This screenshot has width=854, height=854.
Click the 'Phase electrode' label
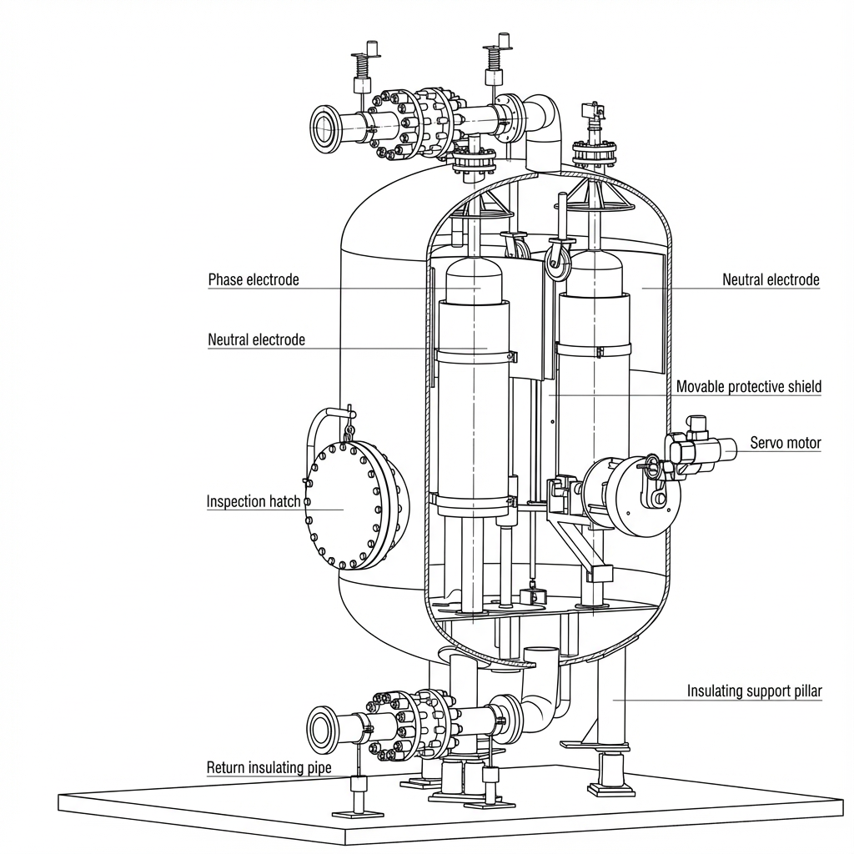254,280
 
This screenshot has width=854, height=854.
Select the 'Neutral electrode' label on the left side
256,340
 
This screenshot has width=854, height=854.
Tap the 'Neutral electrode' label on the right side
771,280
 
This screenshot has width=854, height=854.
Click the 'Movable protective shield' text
748,387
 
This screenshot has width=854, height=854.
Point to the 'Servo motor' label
786,443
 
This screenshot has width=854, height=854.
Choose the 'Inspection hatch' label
254,501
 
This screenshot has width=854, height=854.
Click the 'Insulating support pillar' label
754,691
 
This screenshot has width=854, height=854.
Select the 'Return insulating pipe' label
269,768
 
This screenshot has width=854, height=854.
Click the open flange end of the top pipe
325,128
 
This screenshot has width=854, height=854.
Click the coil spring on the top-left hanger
361,68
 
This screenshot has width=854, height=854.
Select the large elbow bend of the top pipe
543,117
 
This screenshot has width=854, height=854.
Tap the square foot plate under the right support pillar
609,787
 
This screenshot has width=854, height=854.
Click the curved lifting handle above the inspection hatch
329,424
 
